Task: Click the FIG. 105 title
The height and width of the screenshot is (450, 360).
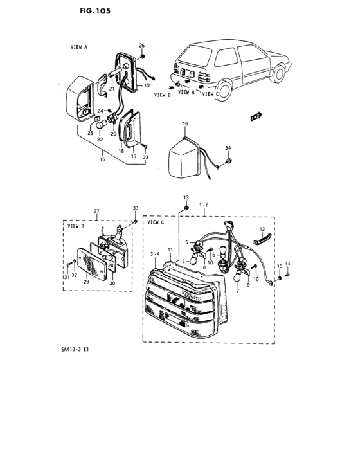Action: [x=95, y=11]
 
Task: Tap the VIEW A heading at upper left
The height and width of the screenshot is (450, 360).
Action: [x=78, y=47]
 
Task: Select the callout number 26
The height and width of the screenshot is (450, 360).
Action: [x=142, y=46]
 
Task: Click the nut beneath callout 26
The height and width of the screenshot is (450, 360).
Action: [x=142, y=57]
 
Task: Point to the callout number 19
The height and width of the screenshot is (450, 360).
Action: [x=147, y=85]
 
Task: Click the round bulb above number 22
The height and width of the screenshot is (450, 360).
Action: [x=100, y=125]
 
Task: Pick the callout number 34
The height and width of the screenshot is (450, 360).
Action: [x=228, y=148]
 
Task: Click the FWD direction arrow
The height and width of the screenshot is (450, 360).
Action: [x=256, y=116]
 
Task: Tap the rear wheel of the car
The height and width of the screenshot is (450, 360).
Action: [x=224, y=90]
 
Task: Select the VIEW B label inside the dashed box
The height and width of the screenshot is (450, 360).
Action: [x=76, y=226]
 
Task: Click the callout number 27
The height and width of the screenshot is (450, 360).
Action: [x=96, y=212]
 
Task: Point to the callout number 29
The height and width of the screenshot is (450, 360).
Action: [x=86, y=282]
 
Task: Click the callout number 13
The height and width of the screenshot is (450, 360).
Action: [x=186, y=198]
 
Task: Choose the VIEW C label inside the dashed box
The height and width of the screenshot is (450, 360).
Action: [x=156, y=222]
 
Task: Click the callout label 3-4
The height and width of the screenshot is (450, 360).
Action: [x=155, y=254]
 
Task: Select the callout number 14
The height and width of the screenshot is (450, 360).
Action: [x=287, y=264]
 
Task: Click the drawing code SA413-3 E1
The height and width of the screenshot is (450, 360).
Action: [x=75, y=350]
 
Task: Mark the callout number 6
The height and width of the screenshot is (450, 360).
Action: [x=213, y=255]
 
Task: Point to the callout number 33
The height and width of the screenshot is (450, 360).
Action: [x=136, y=208]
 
